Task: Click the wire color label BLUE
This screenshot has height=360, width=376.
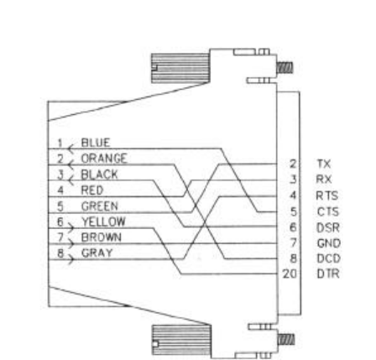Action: (96, 143)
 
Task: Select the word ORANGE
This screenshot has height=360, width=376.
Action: (104, 159)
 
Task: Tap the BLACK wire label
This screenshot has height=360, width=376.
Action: (99, 175)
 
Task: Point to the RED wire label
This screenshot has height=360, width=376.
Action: (92, 190)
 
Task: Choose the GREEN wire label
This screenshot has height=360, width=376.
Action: (100, 206)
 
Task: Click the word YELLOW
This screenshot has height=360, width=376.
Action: (103, 222)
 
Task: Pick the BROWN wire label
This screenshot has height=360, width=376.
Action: (102, 237)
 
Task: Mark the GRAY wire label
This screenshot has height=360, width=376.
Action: (97, 253)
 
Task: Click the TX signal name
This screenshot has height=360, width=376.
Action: (324, 164)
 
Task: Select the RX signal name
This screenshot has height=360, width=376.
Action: (324, 179)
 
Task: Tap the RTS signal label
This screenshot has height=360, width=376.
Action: (327, 196)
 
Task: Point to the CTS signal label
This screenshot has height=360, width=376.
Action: (328, 211)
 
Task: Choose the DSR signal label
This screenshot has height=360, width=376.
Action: (328, 227)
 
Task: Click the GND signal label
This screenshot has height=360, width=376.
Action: (329, 243)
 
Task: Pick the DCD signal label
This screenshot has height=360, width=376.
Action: (329, 258)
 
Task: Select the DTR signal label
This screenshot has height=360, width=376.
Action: (328, 274)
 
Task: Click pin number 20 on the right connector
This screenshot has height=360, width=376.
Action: (290, 274)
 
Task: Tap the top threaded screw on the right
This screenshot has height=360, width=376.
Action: (285, 68)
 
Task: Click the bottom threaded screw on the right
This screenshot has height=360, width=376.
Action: (285, 340)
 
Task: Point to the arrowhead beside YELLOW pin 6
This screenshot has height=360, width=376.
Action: (70, 228)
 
